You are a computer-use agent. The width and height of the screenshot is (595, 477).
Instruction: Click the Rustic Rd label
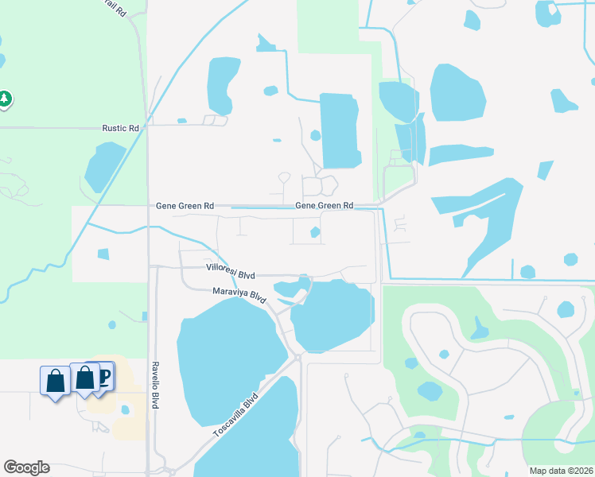pos(121,128)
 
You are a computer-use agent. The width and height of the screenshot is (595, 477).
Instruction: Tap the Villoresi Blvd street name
pos(229,271)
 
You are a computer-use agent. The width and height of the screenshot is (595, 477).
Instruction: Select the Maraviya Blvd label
pos(239,293)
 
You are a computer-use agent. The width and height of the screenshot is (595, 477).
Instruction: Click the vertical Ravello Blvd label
pos(157,386)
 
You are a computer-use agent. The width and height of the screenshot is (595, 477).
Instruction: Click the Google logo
pos(26,467)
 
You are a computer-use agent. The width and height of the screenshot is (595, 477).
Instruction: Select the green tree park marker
pos(6,99)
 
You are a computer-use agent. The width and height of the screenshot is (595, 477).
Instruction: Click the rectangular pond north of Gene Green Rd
pos(339,130)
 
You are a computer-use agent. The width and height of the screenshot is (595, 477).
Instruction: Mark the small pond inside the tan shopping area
pos(125,410)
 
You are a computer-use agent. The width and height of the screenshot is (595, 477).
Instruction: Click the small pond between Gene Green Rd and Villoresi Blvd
pos(316,232)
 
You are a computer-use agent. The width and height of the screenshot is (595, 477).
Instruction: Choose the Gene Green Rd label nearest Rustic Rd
pos(184,206)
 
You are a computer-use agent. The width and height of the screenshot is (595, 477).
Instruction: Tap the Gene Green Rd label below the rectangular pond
pos(325,205)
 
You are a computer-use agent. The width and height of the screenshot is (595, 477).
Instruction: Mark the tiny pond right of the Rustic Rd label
pos(182,121)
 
